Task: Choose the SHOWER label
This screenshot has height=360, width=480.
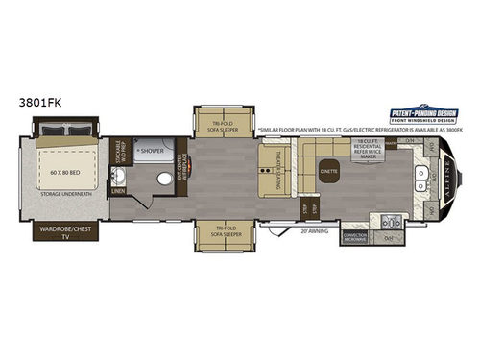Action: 150,150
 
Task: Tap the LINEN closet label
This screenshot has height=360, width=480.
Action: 118,203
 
